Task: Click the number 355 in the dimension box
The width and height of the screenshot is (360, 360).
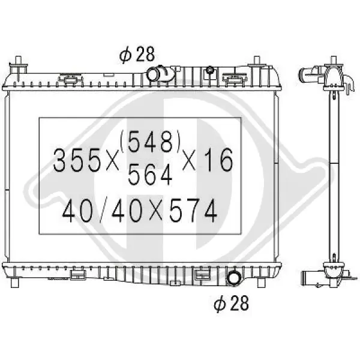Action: coord(77,160)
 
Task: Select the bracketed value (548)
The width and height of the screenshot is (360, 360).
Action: coord(150,141)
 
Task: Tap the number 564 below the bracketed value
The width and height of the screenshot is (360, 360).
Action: coord(150,174)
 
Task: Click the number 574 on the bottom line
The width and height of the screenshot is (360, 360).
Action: coord(193,211)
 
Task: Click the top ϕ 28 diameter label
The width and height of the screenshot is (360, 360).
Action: coord(137,55)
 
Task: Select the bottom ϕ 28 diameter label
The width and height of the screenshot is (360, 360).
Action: coord(231,304)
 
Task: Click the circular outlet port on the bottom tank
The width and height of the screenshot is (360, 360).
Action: coord(233,278)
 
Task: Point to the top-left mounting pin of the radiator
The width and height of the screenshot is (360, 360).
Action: coord(18,65)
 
